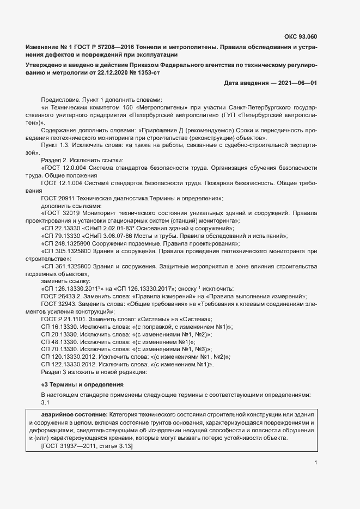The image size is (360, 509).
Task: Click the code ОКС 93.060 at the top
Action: [x=301, y=37]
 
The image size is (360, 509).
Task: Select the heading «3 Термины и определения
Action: [x=82, y=384]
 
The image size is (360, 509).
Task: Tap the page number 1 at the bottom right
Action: [x=315, y=463]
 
